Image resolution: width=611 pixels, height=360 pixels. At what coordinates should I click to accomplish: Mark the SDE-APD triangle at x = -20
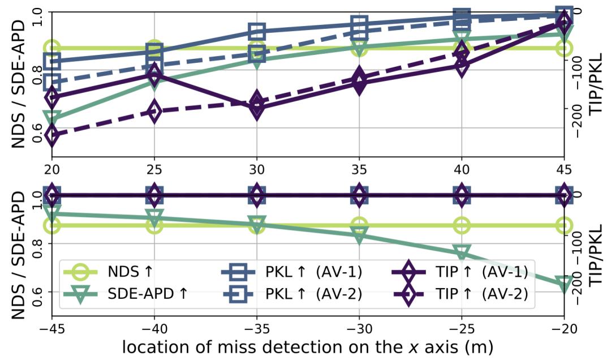click(x=563, y=284)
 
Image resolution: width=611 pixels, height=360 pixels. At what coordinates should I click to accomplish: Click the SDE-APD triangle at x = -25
click(x=462, y=252)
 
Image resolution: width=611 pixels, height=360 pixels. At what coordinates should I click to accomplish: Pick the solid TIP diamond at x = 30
click(x=257, y=108)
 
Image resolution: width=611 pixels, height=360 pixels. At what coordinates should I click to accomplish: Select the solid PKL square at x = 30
click(x=257, y=31)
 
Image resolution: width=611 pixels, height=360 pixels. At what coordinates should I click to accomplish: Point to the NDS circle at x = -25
click(x=462, y=225)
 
